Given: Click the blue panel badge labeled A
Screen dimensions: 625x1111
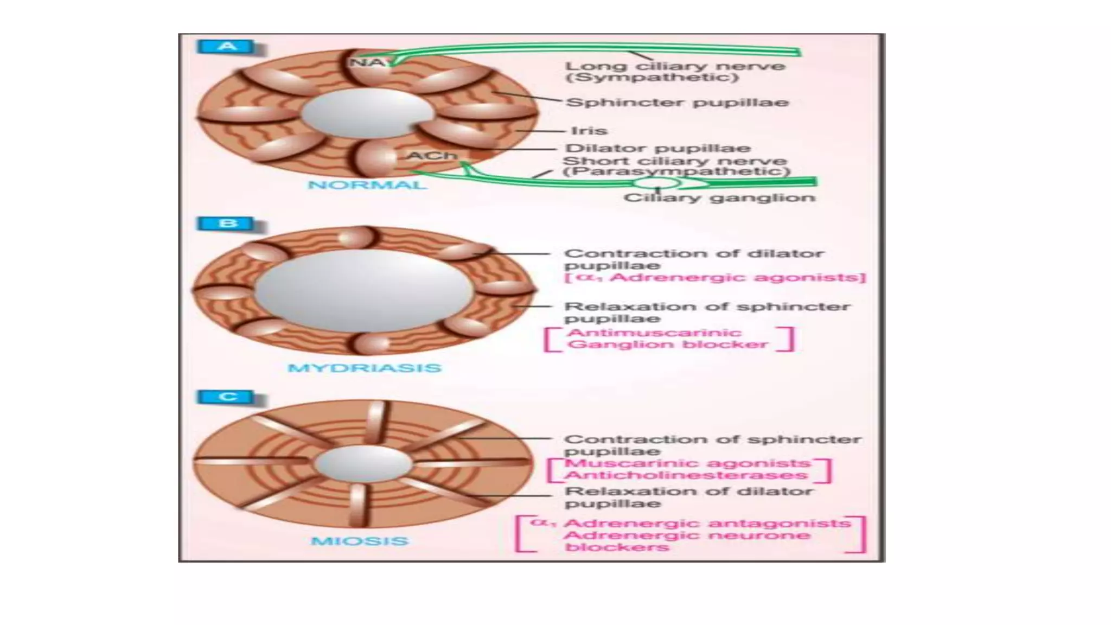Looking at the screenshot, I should point(226,47).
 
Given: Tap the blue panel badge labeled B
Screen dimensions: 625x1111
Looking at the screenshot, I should point(226,224).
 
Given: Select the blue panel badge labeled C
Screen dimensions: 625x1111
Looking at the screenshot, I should point(226,397).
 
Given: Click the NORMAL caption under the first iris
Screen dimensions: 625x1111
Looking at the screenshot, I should point(367,185).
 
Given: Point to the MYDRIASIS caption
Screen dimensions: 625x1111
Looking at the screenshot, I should point(364,368).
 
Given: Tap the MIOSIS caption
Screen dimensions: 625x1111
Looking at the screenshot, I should point(359,541).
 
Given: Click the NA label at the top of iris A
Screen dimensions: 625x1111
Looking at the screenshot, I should point(366,62).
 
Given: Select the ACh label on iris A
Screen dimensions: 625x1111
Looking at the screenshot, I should point(432,156).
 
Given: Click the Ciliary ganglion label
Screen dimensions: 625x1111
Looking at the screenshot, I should point(719,197).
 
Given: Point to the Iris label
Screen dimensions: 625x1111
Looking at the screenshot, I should point(589,131).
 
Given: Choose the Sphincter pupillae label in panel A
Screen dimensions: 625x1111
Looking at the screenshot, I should point(677,103).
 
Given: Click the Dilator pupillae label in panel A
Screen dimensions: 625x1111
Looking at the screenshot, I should point(658,148).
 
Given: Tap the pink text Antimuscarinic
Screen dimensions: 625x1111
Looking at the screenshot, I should point(654,333).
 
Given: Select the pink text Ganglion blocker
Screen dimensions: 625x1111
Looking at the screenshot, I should point(667,345).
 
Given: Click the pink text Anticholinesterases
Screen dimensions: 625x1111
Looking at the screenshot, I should point(686,475).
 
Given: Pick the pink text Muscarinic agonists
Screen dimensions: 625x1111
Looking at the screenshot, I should point(687,463).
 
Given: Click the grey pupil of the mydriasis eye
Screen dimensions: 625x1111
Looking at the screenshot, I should point(365,291).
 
